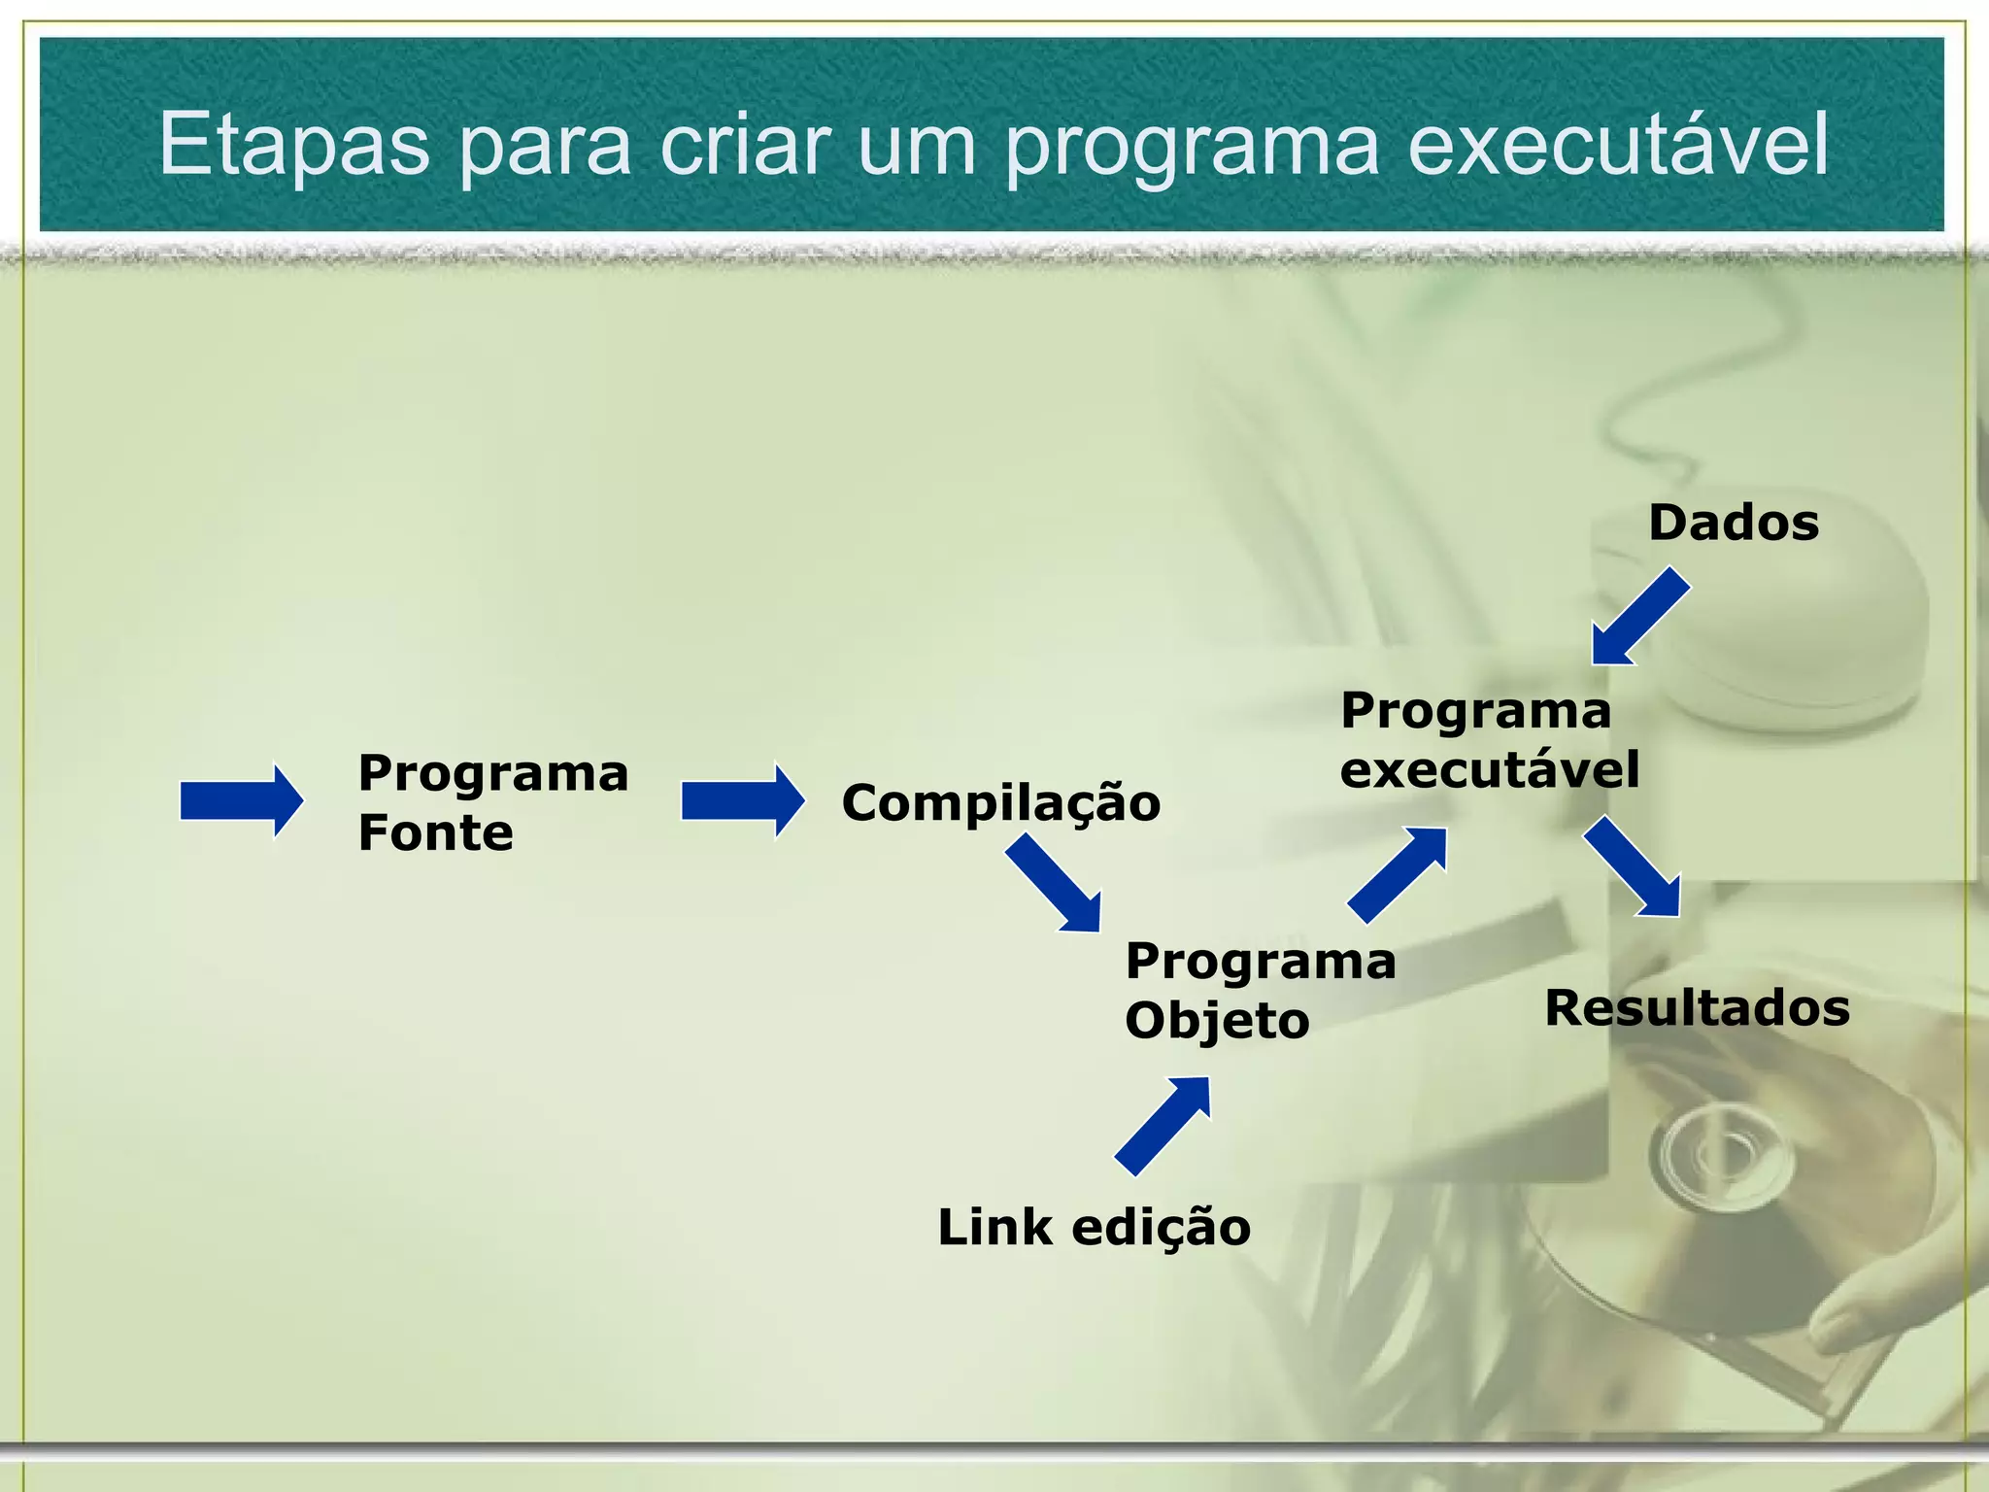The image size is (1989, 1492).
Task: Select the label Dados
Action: click(1733, 523)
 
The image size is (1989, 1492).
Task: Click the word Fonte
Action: click(435, 832)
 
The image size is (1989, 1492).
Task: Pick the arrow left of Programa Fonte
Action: click(241, 800)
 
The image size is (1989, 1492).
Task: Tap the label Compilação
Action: click(1000, 803)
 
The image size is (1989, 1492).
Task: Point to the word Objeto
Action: click(1217, 1021)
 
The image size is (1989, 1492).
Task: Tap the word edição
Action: click(1161, 1227)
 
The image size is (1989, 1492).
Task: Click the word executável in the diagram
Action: click(1489, 769)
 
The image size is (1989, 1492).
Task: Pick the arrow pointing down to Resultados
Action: click(1634, 866)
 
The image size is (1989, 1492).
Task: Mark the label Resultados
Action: click(1697, 1007)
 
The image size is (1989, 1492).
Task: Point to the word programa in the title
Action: click(1192, 146)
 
